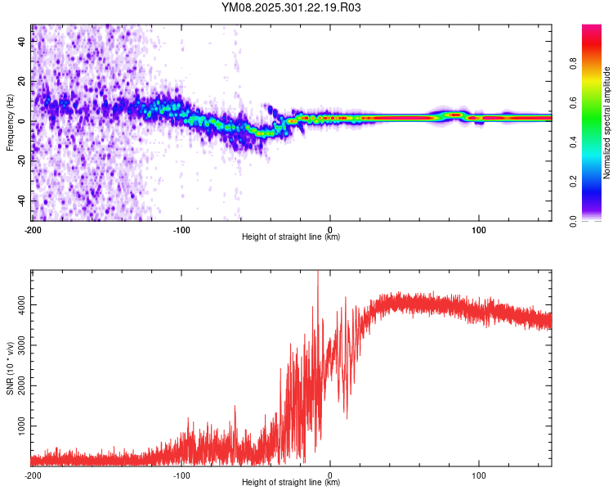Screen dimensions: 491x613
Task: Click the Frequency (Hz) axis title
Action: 10,123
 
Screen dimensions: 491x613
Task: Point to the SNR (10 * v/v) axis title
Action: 10,368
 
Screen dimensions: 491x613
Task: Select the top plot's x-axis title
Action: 291,237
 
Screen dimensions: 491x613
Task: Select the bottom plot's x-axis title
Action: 291,483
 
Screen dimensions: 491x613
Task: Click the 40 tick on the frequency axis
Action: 22,43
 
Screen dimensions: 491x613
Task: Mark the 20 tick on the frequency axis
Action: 22,82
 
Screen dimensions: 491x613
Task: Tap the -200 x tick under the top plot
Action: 33,228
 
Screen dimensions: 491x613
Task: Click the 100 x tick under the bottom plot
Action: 478,474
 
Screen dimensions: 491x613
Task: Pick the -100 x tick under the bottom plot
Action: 181,474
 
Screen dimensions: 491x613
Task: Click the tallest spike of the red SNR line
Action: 317,273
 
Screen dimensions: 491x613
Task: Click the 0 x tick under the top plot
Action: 330,228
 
